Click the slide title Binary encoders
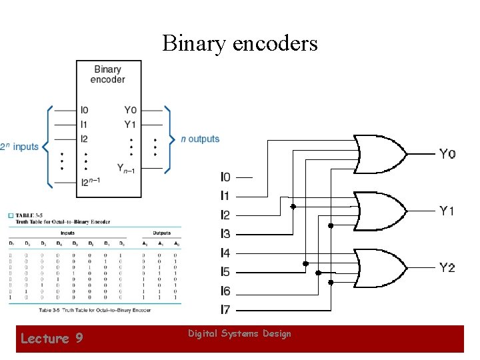point(240,43)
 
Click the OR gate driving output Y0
point(381,154)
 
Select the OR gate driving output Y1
point(381,211)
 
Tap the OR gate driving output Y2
point(381,267)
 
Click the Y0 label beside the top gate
point(447,154)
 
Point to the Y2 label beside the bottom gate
point(447,267)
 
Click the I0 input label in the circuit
point(225,177)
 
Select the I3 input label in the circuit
point(225,234)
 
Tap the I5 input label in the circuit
point(225,272)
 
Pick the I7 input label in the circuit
point(225,310)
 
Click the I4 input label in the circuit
point(225,253)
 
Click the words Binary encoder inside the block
point(108,74)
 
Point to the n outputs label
point(200,139)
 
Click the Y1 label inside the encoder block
point(130,124)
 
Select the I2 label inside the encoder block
point(84,139)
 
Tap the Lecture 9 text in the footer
point(51,339)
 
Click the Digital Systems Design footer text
point(239,333)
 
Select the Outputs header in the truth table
point(161,233)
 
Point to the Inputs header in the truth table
point(67,233)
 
